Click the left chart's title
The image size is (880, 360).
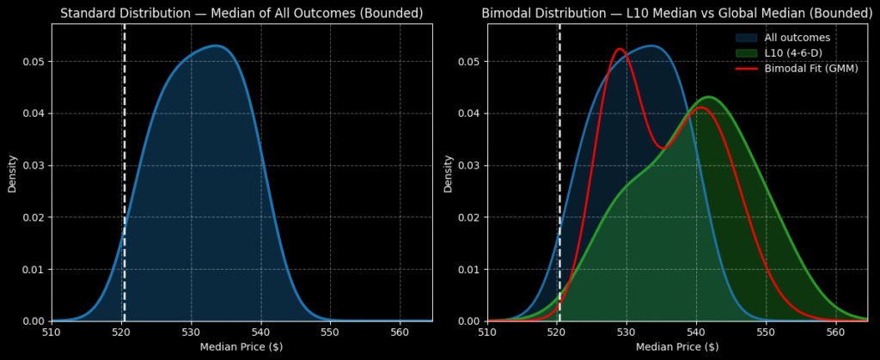click(241, 13)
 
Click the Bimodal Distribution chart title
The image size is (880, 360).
click(677, 13)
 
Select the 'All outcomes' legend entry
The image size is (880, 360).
click(797, 38)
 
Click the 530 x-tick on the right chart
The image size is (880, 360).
click(626, 331)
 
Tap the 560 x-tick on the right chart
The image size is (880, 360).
click(835, 331)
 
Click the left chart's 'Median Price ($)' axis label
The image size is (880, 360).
click(241, 346)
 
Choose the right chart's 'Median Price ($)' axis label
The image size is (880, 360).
click(677, 346)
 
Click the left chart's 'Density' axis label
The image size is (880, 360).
click(12, 173)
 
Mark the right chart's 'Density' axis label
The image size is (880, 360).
click(448, 173)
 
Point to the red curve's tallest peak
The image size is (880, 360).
click(620, 49)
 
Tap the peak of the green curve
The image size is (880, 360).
click(708, 97)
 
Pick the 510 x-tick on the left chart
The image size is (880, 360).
click(52, 331)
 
